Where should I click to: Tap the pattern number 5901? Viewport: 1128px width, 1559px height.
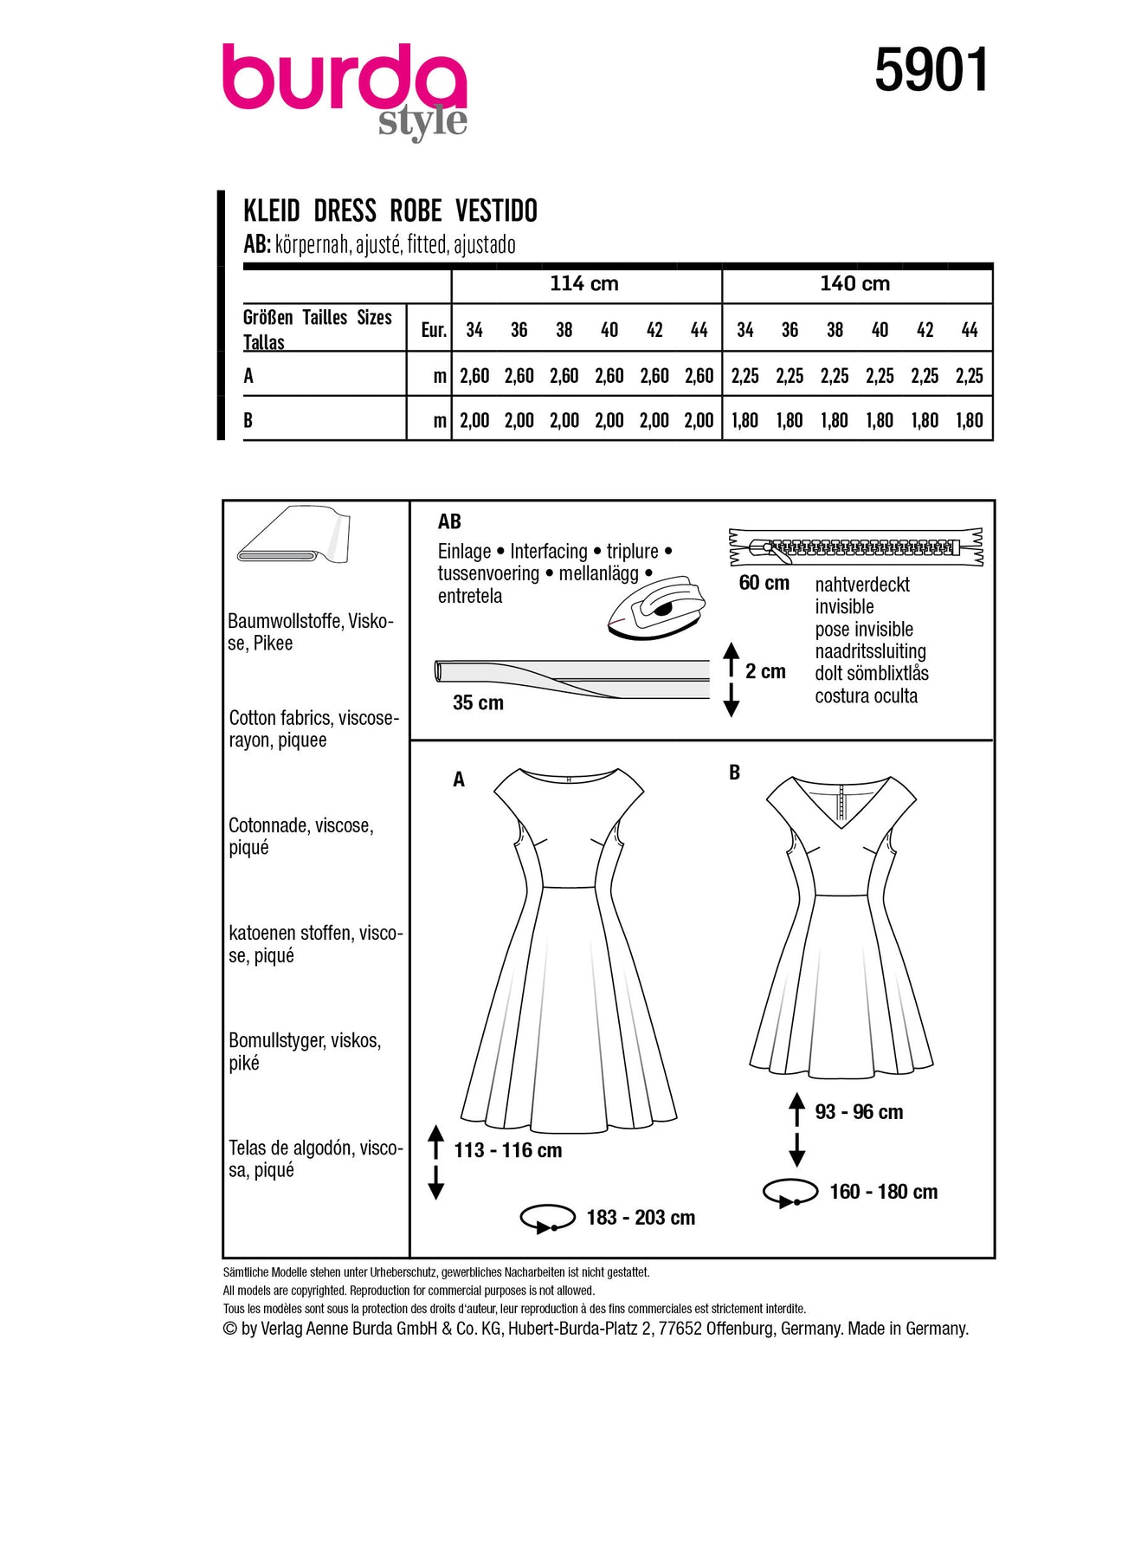point(931,71)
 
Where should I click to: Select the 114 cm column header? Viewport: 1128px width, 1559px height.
point(584,284)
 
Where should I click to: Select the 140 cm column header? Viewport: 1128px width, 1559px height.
point(854,284)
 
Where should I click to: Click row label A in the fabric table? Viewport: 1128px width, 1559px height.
point(249,376)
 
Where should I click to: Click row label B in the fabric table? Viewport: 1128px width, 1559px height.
point(248,421)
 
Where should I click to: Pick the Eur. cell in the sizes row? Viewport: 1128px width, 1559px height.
point(433,330)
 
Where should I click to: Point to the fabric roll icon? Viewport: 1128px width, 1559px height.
point(293,534)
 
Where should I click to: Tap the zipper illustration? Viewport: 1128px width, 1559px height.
point(855,547)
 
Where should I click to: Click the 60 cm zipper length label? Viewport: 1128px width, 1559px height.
point(764,583)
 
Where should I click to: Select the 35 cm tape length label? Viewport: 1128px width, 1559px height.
point(478,702)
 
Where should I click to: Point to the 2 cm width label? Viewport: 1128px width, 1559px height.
point(765,671)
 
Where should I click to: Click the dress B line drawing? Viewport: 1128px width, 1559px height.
point(841,927)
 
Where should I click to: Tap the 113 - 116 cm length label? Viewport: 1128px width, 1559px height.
point(508,1150)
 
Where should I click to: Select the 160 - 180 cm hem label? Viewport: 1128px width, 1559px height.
point(883,1192)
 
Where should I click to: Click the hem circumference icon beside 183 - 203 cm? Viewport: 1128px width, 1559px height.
point(547,1218)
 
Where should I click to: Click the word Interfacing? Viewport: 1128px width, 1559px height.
point(548,552)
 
